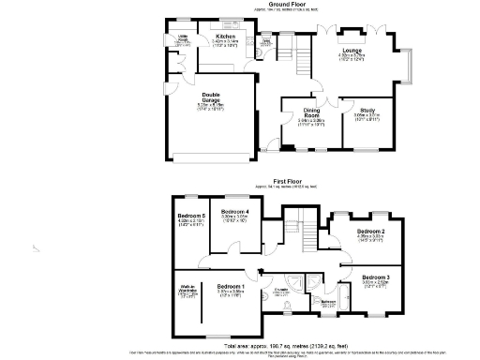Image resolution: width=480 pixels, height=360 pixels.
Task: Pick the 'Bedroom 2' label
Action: [370, 231]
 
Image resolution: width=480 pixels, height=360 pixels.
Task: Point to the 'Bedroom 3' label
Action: [375, 277]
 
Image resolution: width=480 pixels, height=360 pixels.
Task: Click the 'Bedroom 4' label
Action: [233, 212]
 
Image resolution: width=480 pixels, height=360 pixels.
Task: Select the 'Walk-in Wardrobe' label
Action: [186, 290]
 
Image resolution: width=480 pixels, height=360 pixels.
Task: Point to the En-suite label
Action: [279, 291]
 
